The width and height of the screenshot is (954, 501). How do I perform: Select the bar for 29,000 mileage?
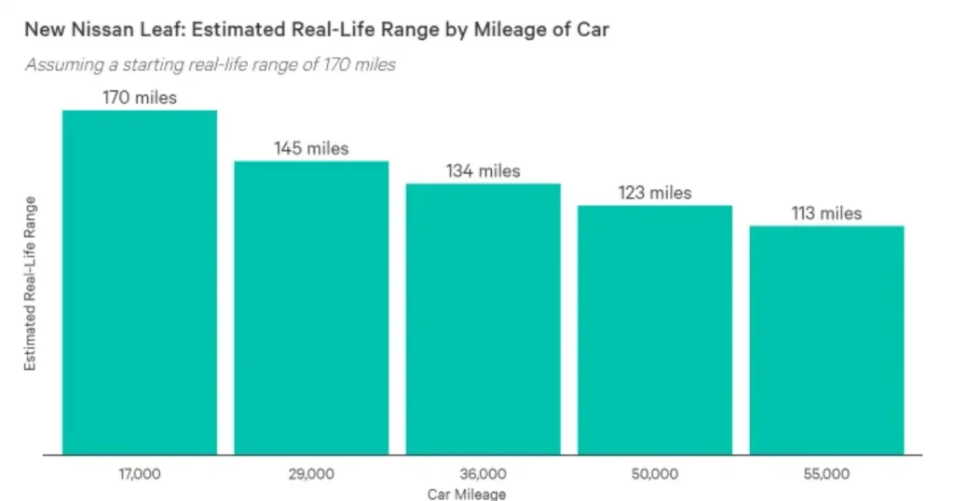click(x=311, y=307)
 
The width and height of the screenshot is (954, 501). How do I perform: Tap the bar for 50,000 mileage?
click(x=655, y=330)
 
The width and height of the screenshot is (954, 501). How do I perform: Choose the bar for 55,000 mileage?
click(x=826, y=340)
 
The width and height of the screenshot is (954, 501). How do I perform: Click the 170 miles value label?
click(x=140, y=97)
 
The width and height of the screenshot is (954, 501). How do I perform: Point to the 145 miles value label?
click(x=311, y=148)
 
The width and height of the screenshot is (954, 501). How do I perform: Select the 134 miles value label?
click(x=483, y=170)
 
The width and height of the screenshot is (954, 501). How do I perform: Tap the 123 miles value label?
click(x=655, y=193)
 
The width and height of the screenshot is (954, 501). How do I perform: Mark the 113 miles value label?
click(x=826, y=213)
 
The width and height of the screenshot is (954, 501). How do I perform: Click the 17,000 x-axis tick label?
click(x=140, y=474)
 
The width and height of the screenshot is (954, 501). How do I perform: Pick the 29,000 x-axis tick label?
click(x=311, y=474)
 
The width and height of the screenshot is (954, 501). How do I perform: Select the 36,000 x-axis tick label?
click(x=483, y=474)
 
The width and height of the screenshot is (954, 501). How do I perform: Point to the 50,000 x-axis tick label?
click(x=655, y=474)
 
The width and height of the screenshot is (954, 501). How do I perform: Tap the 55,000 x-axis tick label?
click(x=826, y=474)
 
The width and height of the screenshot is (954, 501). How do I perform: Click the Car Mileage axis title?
click(x=467, y=494)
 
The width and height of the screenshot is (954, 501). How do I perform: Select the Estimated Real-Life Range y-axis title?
click(x=30, y=284)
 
